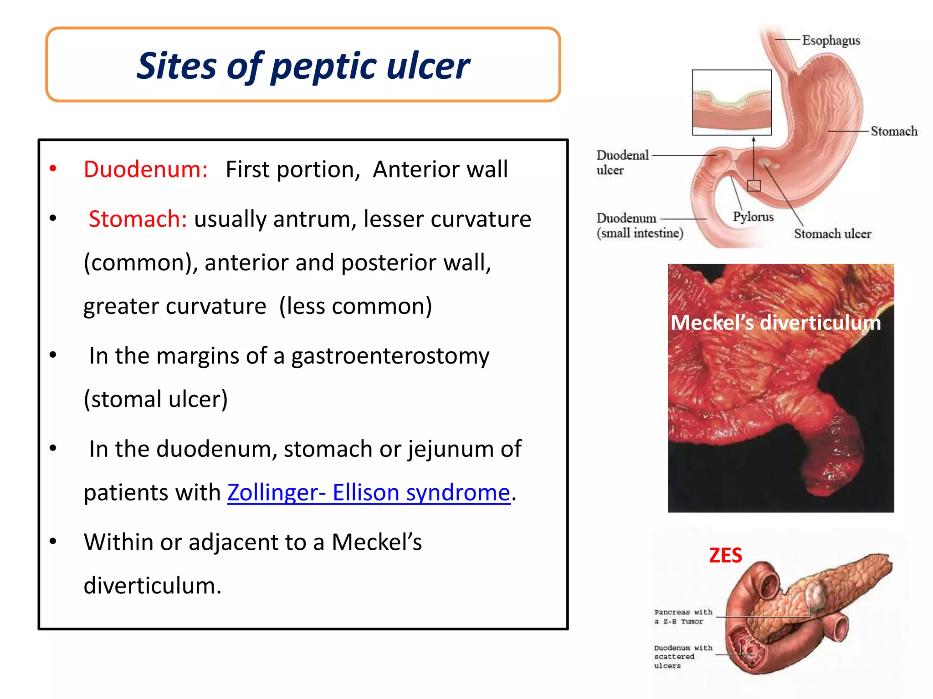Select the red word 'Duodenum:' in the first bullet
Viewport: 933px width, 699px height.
[x=146, y=169]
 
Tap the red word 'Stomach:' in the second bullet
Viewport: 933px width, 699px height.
[x=138, y=219]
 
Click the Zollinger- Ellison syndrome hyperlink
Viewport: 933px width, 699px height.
[x=369, y=492]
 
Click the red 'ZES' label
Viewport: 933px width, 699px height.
[x=725, y=556]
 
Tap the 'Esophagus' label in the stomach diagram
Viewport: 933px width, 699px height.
[x=830, y=41]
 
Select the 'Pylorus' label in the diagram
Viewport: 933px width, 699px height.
[x=753, y=217]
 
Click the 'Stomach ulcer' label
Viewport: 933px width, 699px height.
[x=832, y=233]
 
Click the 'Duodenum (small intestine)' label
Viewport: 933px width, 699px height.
[x=639, y=226]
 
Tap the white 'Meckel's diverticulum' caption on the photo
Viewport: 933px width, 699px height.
[x=775, y=323]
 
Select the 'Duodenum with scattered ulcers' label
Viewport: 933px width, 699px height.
[x=682, y=656]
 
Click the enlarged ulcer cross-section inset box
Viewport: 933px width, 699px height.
[x=731, y=102]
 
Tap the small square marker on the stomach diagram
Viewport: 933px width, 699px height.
[x=754, y=186]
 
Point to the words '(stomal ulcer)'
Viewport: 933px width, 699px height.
[x=156, y=399]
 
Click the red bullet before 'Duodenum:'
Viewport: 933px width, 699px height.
[x=53, y=168]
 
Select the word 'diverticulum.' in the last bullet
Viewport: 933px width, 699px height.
[x=152, y=586]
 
